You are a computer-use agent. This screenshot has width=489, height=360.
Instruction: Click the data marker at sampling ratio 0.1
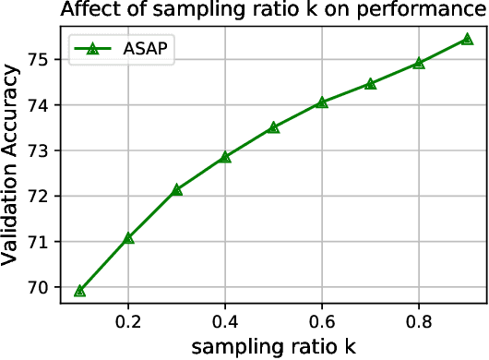point(80,291)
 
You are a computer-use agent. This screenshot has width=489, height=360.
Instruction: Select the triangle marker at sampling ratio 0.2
point(128,238)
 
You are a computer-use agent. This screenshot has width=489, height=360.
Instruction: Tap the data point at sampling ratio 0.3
point(177,189)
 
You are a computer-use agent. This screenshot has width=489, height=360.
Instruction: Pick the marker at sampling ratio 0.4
point(225,157)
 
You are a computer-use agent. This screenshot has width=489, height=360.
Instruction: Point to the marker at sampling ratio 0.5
point(273,127)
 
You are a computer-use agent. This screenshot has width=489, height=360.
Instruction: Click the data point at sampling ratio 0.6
point(322,102)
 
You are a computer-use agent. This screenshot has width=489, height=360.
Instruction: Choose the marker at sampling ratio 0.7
point(370,84)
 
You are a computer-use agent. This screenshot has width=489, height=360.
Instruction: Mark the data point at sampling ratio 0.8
point(419,63)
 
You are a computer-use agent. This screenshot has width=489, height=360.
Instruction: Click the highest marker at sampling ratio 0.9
point(467,40)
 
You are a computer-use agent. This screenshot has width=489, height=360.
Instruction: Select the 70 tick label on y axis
point(46,287)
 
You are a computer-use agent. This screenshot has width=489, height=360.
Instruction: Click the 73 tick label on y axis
point(46,150)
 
